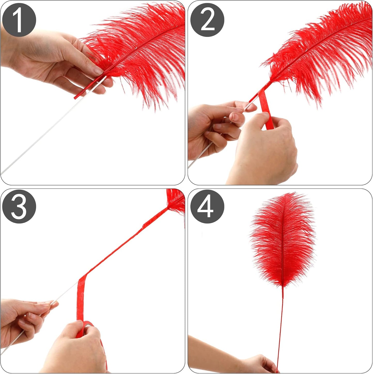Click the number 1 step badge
click(19, 20)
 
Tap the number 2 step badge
click(207, 20)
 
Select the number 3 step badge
click(19, 206)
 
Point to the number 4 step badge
click(207, 206)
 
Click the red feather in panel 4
click(283, 240)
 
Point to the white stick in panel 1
click(39, 139)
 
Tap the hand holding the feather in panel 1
click(52, 59)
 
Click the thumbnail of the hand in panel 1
click(98, 71)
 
